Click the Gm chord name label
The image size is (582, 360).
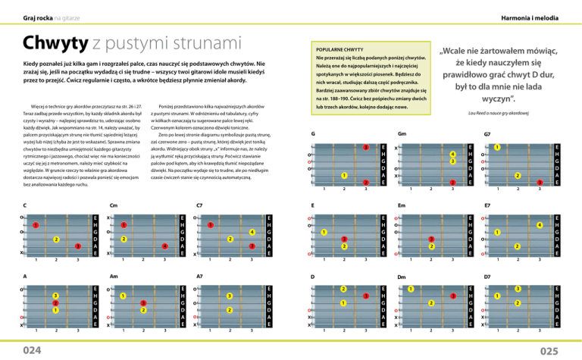click(x=402, y=134)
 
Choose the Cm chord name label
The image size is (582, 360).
click(x=113, y=205)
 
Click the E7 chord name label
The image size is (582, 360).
click(x=488, y=205)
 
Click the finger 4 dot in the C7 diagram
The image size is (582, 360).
click(x=251, y=231)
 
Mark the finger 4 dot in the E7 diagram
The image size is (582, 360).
click(x=540, y=225)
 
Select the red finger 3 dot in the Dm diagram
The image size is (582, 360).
click(x=453, y=296)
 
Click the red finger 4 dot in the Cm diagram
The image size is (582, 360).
click(x=164, y=246)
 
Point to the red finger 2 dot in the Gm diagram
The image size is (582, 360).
click(x=453, y=183)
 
